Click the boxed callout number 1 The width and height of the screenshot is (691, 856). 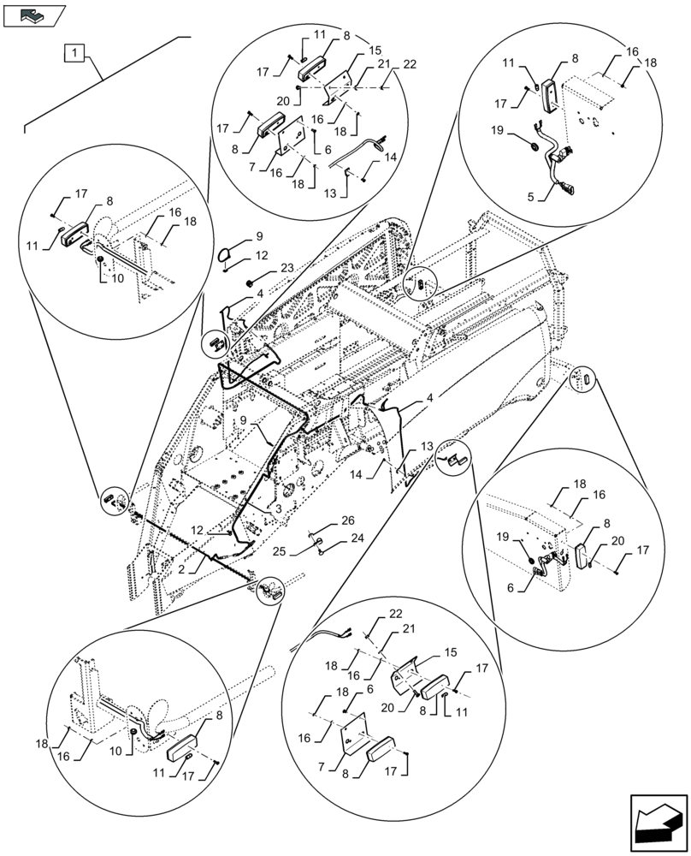coord(75,53)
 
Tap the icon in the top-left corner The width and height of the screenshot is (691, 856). coord(34,15)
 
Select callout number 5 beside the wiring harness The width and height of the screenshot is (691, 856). coord(532,197)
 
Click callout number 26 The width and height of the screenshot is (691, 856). coord(349,520)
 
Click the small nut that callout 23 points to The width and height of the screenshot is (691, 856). coord(250,282)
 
